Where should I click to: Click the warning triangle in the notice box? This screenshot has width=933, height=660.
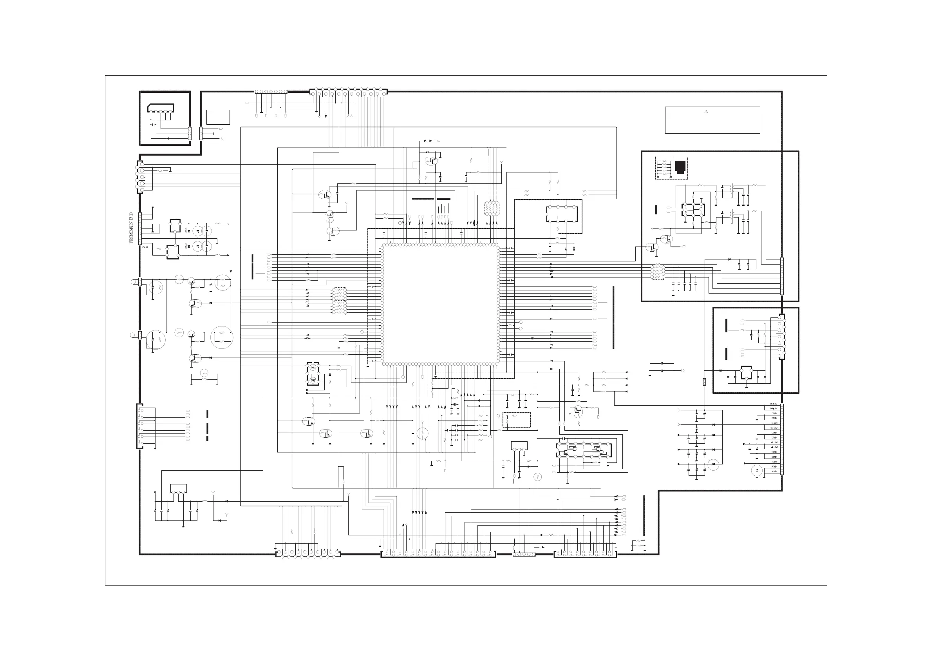(706, 111)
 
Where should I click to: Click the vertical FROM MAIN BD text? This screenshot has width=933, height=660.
(131, 228)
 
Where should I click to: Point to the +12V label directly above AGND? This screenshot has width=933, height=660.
(774, 462)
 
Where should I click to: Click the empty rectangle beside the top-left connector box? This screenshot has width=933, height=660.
(218, 117)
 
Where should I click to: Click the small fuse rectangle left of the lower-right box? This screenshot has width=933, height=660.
(704, 382)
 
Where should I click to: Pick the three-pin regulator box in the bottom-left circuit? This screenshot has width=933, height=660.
(178, 488)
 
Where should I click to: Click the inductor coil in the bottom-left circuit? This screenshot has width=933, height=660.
(205, 500)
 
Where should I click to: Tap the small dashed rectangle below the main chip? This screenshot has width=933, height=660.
(517, 420)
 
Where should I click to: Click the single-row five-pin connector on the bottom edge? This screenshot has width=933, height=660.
(524, 554)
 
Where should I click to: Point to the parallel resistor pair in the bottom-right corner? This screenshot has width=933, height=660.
(638, 544)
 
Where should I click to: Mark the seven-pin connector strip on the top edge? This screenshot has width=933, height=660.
(271, 92)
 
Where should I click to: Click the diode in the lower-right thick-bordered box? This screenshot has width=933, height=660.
(720, 370)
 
